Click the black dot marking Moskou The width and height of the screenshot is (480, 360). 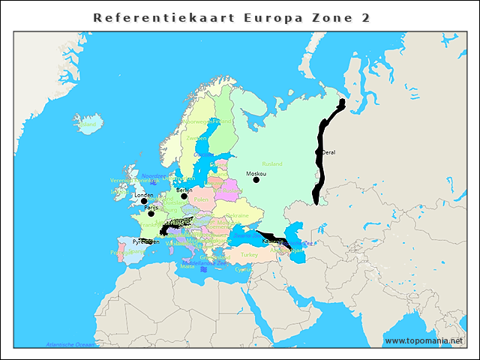click(256, 179)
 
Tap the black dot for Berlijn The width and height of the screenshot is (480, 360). click(184, 196)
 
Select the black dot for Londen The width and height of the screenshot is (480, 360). click(144, 201)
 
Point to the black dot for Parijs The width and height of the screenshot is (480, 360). click(151, 214)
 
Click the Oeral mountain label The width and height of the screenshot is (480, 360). click(328, 152)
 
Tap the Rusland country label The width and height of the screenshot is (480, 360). click(271, 163)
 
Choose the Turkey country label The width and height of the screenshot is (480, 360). click(249, 255)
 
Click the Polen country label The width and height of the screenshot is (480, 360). click(201, 199)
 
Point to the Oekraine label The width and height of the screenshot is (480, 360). click(238, 215)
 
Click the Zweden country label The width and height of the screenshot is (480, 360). click(196, 139)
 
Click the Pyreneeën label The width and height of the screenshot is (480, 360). click(145, 242)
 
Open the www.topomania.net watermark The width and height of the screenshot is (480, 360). click(424, 341)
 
